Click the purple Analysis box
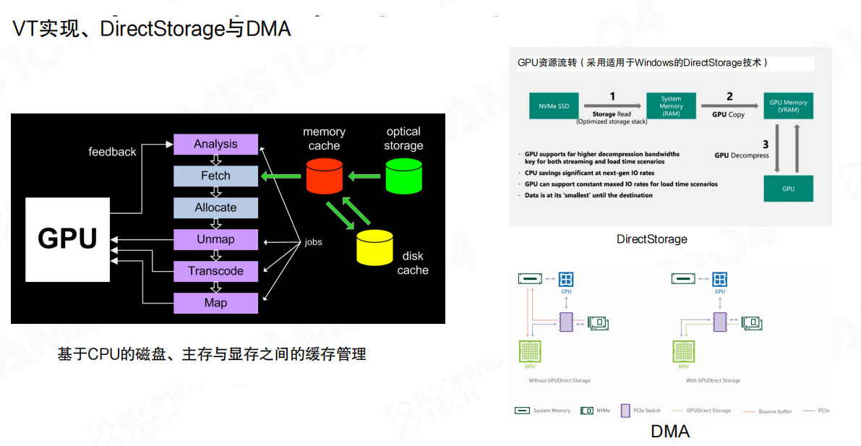[x=215, y=144]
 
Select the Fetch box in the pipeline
[x=215, y=176]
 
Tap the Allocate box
[x=215, y=207]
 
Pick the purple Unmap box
[x=215, y=239]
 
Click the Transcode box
[x=215, y=271]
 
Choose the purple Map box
[x=215, y=303]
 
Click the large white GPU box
[x=67, y=239]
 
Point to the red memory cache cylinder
[x=324, y=176]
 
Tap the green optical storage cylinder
[x=403, y=176]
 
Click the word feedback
[x=112, y=152]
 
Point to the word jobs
[x=313, y=242]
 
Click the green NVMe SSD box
[x=554, y=106]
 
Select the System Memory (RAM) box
[x=671, y=106]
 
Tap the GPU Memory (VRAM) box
[x=788, y=106]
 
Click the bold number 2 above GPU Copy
[x=729, y=97]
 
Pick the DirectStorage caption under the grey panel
[x=651, y=239]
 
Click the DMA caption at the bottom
[x=670, y=432]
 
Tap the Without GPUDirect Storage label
[x=559, y=380]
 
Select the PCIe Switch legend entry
[x=641, y=411]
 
